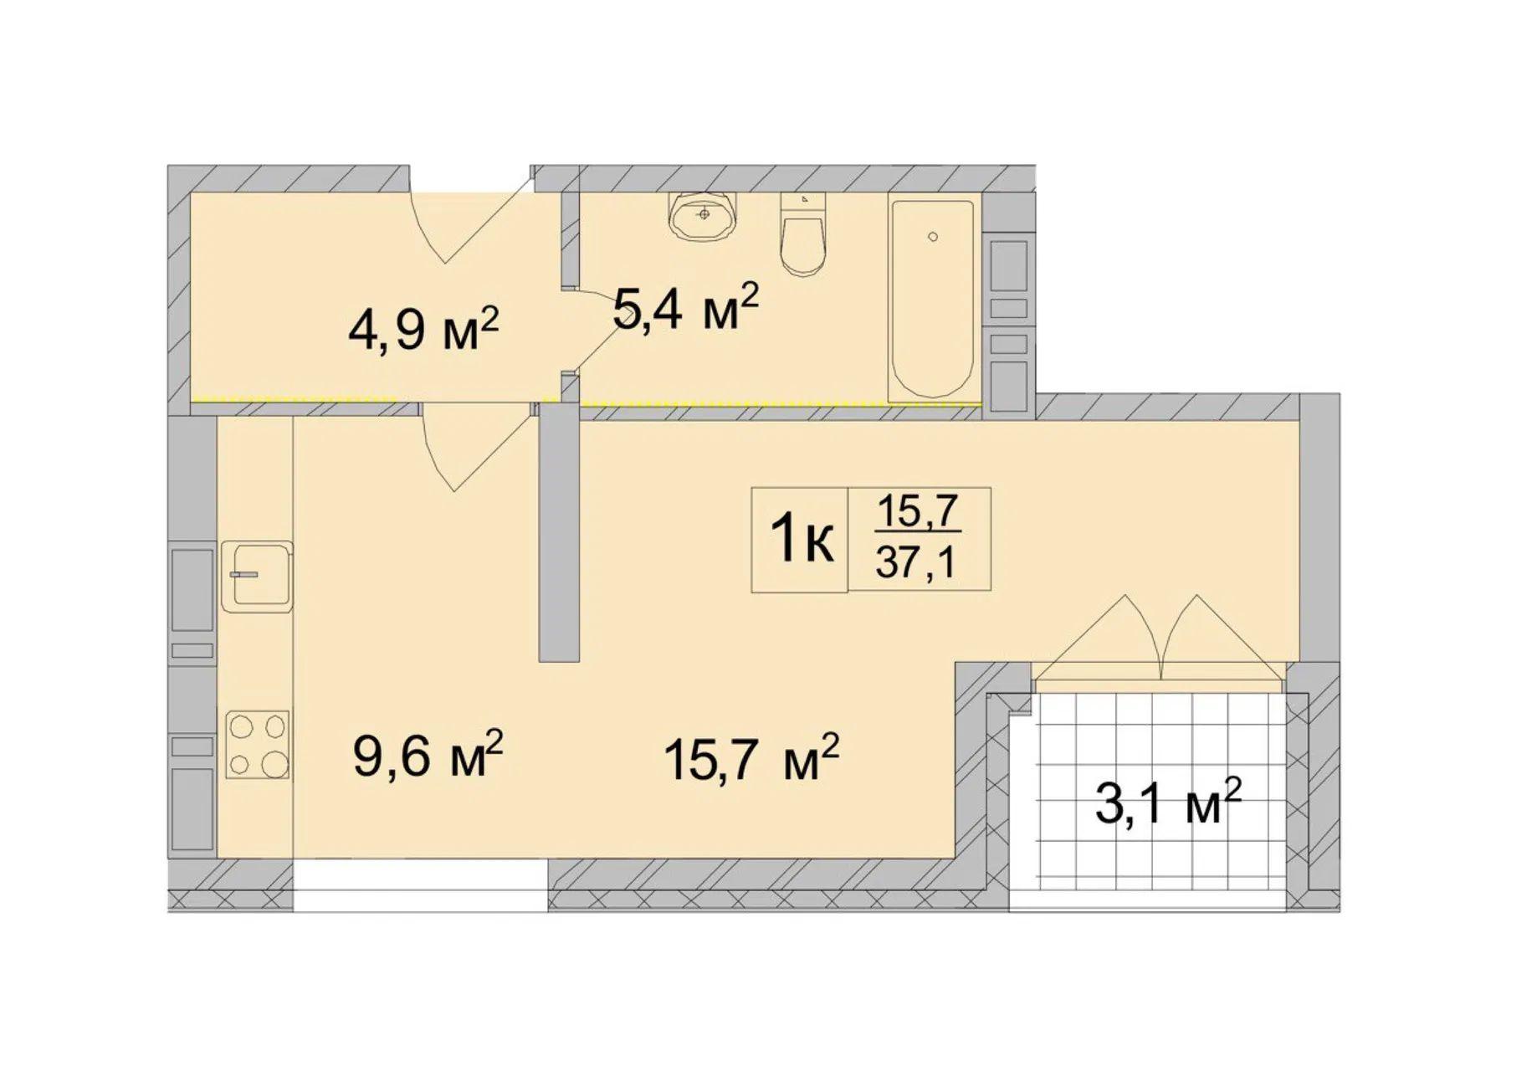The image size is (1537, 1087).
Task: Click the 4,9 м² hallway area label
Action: pos(423,330)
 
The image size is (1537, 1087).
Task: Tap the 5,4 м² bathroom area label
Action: pos(685,307)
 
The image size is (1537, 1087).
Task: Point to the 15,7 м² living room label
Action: pos(751,758)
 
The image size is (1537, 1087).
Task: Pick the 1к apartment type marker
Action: pos(802,540)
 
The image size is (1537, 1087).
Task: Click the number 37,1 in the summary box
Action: pos(917,564)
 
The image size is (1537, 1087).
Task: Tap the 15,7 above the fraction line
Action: pos(917,511)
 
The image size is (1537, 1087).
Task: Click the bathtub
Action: pos(932,300)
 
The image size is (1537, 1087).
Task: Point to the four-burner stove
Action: pos(258,744)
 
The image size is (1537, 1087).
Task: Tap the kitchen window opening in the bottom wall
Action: pos(420,884)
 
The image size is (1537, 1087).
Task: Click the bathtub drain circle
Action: pos(933,237)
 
